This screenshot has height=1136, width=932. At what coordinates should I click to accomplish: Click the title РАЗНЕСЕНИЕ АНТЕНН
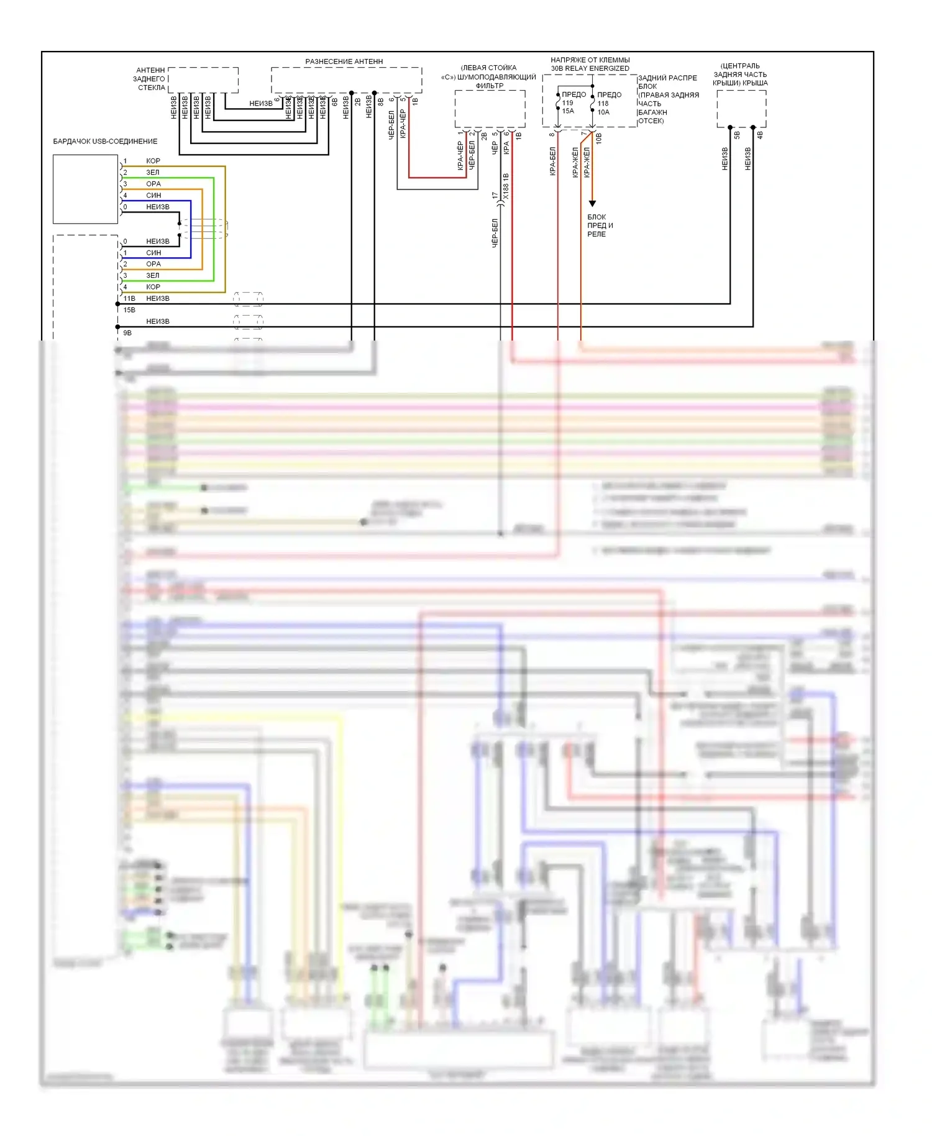[344, 62]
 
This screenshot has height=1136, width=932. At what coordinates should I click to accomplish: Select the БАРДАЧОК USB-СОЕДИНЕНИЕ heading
[105, 141]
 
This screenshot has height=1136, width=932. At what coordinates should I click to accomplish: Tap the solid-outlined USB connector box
[85, 189]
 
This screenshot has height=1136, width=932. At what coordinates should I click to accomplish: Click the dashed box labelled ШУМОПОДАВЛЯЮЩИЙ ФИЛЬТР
[490, 109]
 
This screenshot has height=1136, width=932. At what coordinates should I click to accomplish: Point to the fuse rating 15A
[568, 111]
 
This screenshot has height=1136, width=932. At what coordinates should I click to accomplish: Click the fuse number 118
[603, 104]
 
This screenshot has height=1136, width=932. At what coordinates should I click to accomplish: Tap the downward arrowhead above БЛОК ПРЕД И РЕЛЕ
[592, 203]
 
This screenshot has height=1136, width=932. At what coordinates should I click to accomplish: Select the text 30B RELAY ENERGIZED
[590, 68]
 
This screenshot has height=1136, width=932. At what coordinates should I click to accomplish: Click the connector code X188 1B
[506, 186]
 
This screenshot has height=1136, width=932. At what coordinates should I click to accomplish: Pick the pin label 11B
[129, 298]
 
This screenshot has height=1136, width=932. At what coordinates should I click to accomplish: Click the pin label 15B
[129, 309]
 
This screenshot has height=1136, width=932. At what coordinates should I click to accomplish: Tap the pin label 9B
[127, 332]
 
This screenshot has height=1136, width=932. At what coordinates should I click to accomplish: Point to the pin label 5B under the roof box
[737, 135]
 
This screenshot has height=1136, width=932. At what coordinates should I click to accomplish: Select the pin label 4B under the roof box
[760, 135]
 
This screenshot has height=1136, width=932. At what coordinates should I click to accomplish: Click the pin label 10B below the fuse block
[599, 138]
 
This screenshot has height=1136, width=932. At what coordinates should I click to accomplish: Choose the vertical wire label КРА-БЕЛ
[552, 162]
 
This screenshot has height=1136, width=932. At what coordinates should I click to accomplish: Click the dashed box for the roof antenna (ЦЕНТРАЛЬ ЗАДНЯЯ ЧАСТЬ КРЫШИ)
[741, 109]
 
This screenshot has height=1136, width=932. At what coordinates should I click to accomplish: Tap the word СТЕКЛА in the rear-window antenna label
[152, 88]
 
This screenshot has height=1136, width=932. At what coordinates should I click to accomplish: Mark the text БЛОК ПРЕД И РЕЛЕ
[600, 226]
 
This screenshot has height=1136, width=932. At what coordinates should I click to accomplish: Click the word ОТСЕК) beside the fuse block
[651, 121]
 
